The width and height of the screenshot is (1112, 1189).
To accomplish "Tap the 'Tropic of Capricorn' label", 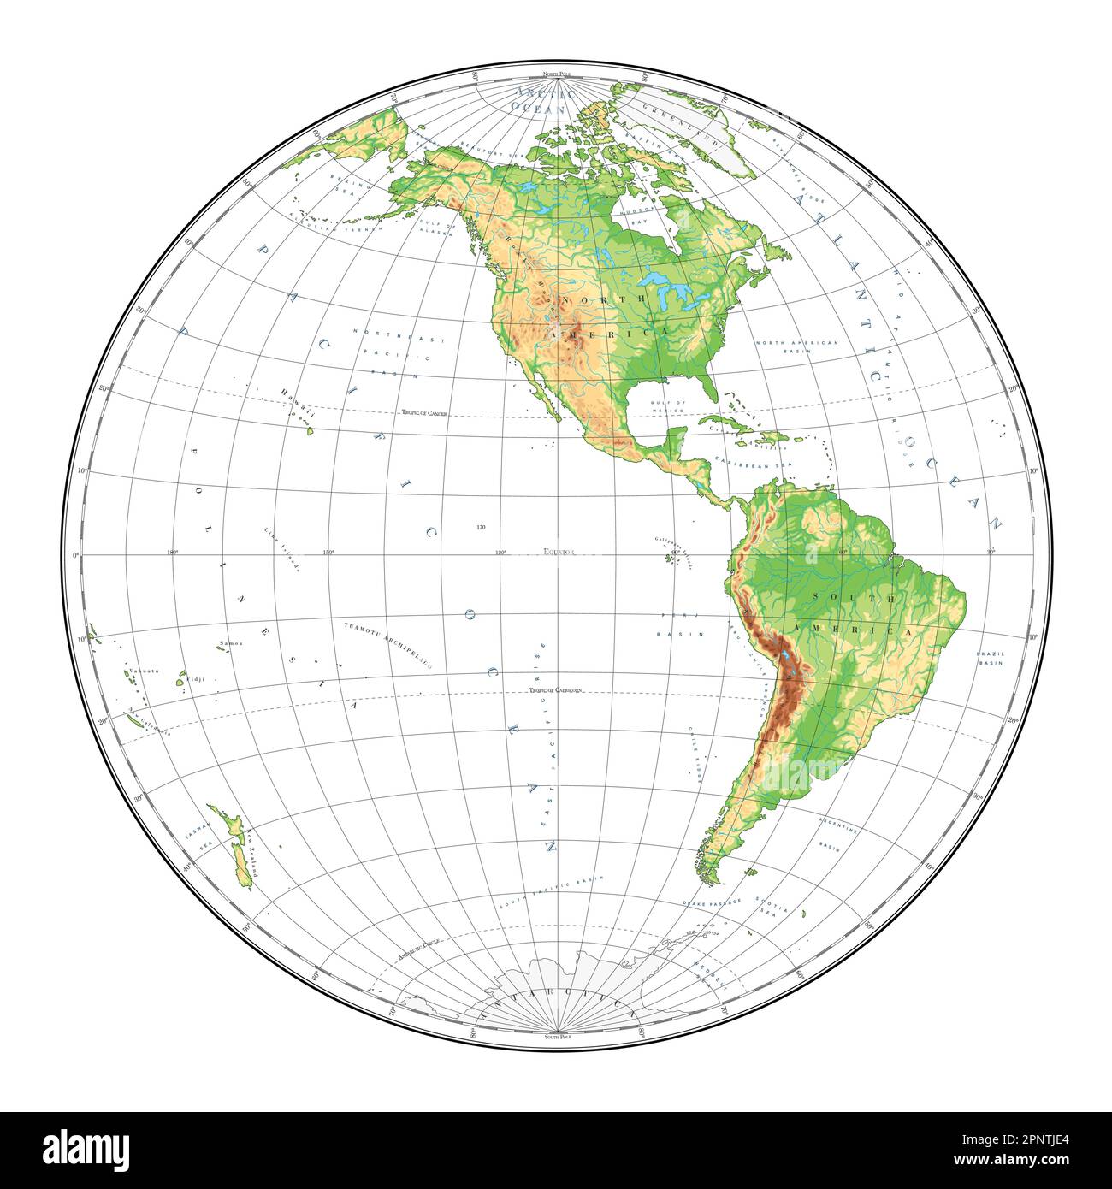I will pyautogui.click(x=555, y=689).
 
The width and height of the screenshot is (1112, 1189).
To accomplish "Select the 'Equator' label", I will pyautogui.click(x=559, y=553).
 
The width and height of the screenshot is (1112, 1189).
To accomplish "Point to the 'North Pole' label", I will pyautogui.click(x=557, y=77).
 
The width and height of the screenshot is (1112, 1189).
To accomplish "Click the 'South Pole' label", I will pyautogui.click(x=557, y=1036).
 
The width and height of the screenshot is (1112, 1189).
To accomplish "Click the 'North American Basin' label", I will pyautogui.click(x=797, y=342).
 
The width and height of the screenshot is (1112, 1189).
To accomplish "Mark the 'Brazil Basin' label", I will pyautogui.click(x=991, y=659).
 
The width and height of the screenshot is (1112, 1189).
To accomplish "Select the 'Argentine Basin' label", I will pyautogui.click(x=835, y=837).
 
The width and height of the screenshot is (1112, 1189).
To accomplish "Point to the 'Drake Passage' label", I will pyautogui.click(x=710, y=902).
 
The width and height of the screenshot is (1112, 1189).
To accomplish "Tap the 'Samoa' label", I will pyautogui.click(x=231, y=643).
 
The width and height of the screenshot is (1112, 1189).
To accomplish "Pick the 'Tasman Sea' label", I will pyautogui.click(x=198, y=837).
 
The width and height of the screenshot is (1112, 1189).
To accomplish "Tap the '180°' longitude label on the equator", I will pyautogui.click(x=172, y=553).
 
